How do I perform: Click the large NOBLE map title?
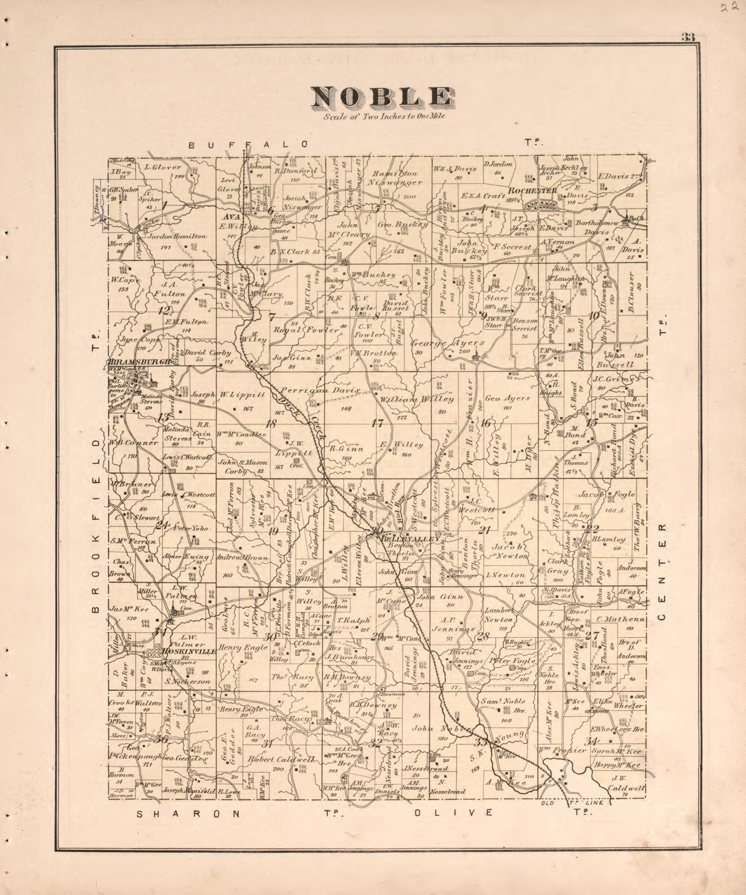382,97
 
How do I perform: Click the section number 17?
377,424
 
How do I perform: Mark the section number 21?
485,531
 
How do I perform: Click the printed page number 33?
688,38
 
